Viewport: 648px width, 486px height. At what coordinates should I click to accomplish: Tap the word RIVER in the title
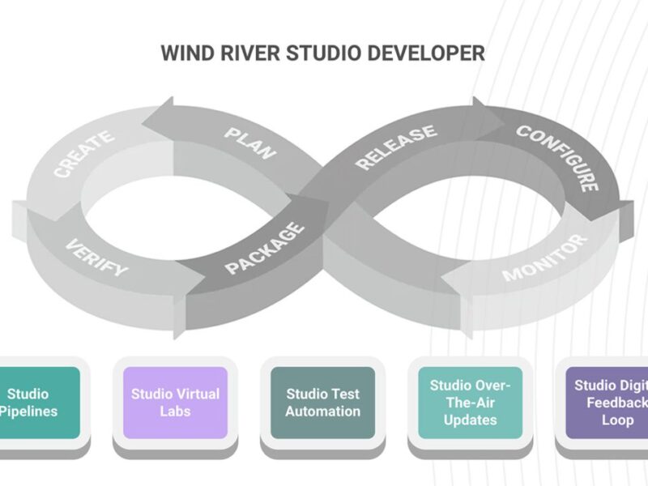point(244,53)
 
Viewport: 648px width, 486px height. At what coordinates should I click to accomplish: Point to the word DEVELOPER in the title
point(421,53)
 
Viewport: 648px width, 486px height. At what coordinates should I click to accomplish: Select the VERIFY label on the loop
point(96,257)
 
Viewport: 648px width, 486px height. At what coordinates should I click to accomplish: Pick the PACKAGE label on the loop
point(266,247)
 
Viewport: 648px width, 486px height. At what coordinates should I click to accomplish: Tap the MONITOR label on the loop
point(544,258)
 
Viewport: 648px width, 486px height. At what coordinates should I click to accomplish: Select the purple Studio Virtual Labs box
point(175,403)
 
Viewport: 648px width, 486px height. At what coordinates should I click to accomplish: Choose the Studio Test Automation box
point(323,403)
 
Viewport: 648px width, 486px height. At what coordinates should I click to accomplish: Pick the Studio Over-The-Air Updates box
point(470,403)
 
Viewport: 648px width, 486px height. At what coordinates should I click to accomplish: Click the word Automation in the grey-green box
point(323,411)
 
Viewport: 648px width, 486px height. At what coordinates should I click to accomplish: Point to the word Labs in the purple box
point(175,411)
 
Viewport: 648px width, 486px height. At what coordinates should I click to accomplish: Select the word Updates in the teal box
point(470,420)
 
